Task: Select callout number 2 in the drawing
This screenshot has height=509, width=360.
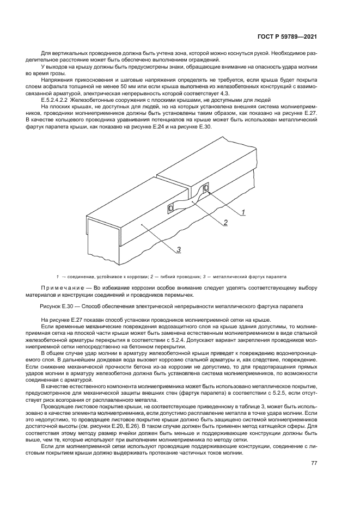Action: [224, 222]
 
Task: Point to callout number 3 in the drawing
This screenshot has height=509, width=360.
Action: [178, 249]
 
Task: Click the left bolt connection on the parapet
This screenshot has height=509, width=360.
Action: [170, 208]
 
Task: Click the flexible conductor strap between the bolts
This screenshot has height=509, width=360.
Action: [188, 201]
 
